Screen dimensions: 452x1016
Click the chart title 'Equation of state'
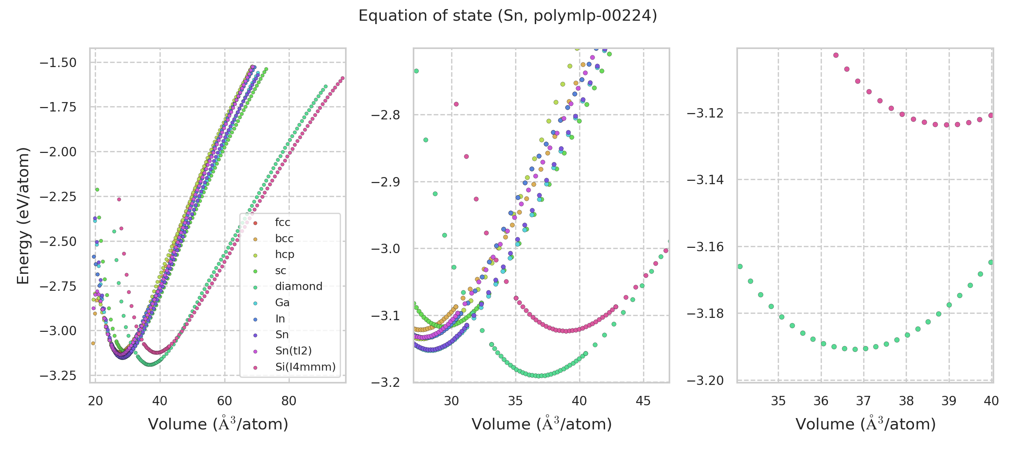point(508,16)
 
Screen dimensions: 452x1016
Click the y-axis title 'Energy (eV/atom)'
point(23,215)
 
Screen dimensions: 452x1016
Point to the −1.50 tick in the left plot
point(58,63)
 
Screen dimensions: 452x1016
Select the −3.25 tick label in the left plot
point(58,376)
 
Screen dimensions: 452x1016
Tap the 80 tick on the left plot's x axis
point(289,401)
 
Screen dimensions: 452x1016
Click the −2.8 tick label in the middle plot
point(385,115)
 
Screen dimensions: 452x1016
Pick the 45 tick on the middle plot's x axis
point(643,401)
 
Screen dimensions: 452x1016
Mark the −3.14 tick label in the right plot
point(705,180)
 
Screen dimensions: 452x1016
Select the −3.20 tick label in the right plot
point(705,380)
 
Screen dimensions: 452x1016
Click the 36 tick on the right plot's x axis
point(821,401)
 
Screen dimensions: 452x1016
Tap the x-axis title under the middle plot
point(541,424)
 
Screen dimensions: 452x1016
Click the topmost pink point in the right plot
point(836,55)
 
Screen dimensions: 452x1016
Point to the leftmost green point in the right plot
point(740,266)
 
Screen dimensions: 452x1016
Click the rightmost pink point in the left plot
point(342,78)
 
